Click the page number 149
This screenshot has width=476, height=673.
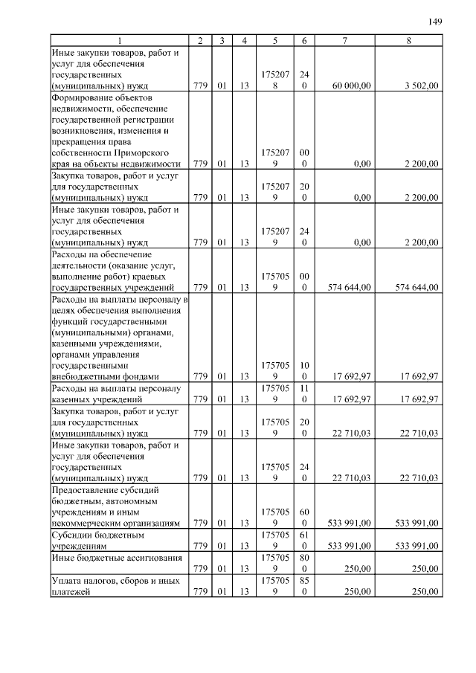coord(435,22)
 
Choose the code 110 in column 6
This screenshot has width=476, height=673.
coord(304,393)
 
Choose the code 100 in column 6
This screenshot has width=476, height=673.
coord(304,371)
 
